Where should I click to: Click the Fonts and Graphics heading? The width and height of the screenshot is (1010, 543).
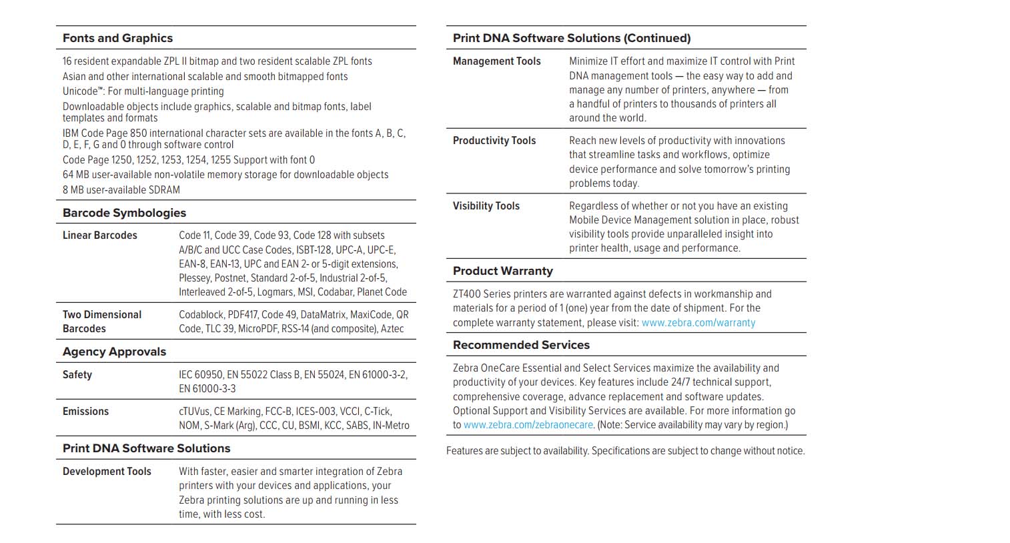pyautogui.click(x=117, y=38)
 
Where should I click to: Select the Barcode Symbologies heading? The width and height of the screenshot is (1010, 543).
pyautogui.click(x=124, y=213)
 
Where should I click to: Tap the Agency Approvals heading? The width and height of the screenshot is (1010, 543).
pyautogui.click(x=114, y=352)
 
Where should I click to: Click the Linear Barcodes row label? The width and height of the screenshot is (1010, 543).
pyautogui.click(x=100, y=235)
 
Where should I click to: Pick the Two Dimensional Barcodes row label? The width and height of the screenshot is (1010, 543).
pyautogui.click(x=101, y=322)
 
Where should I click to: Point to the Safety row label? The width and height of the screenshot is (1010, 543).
pyautogui.click(x=77, y=375)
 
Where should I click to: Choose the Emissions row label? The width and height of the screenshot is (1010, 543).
pyautogui.click(x=85, y=412)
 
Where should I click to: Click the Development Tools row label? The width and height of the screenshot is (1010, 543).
pyautogui.click(x=107, y=472)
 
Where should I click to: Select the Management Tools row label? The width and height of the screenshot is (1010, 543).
pyautogui.click(x=496, y=61)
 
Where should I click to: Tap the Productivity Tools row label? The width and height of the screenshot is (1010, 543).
pyautogui.click(x=494, y=141)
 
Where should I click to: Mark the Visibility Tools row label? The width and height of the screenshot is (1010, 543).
pyautogui.click(x=486, y=206)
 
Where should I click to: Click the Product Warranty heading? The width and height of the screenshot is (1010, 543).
pyautogui.click(x=502, y=271)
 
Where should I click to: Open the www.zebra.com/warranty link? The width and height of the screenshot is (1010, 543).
pyautogui.click(x=698, y=323)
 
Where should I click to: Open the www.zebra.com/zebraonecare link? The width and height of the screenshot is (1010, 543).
pyautogui.click(x=528, y=425)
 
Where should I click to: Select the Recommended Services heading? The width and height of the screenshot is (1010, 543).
pyautogui.click(x=521, y=345)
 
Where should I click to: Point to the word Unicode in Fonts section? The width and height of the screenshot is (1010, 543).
pyautogui.click(x=79, y=91)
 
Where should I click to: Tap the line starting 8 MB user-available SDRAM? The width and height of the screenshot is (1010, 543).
pyautogui.click(x=121, y=190)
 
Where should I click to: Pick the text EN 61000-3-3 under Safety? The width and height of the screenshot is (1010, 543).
pyautogui.click(x=207, y=389)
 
